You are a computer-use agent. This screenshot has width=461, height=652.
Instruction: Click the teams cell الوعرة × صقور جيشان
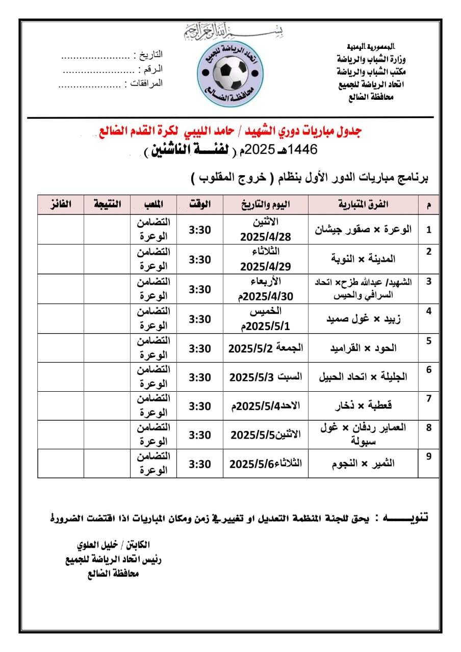(x=363, y=229)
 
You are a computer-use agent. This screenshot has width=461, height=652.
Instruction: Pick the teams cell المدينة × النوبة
(x=363, y=259)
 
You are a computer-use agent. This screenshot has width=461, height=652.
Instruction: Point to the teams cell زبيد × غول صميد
(x=363, y=319)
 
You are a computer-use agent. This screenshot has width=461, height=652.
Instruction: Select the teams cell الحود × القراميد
(x=363, y=348)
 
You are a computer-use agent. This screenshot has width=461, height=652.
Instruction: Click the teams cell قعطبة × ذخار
(x=363, y=405)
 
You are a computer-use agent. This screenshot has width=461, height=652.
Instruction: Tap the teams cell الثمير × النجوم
(x=363, y=464)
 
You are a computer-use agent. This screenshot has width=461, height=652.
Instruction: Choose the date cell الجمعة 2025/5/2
(x=265, y=348)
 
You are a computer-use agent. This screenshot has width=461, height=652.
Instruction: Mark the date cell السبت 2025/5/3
(x=265, y=377)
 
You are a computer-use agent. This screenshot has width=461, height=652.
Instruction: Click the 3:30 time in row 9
(x=200, y=464)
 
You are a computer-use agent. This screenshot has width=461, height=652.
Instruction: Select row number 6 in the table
(x=429, y=370)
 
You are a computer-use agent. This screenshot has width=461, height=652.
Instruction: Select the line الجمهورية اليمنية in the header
(x=367, y=46)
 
